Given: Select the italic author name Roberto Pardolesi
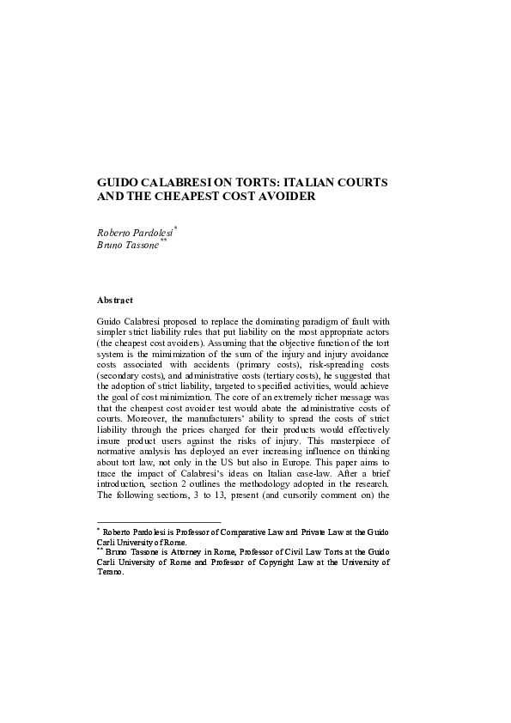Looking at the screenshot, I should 136,232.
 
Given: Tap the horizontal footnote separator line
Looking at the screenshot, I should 159,521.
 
